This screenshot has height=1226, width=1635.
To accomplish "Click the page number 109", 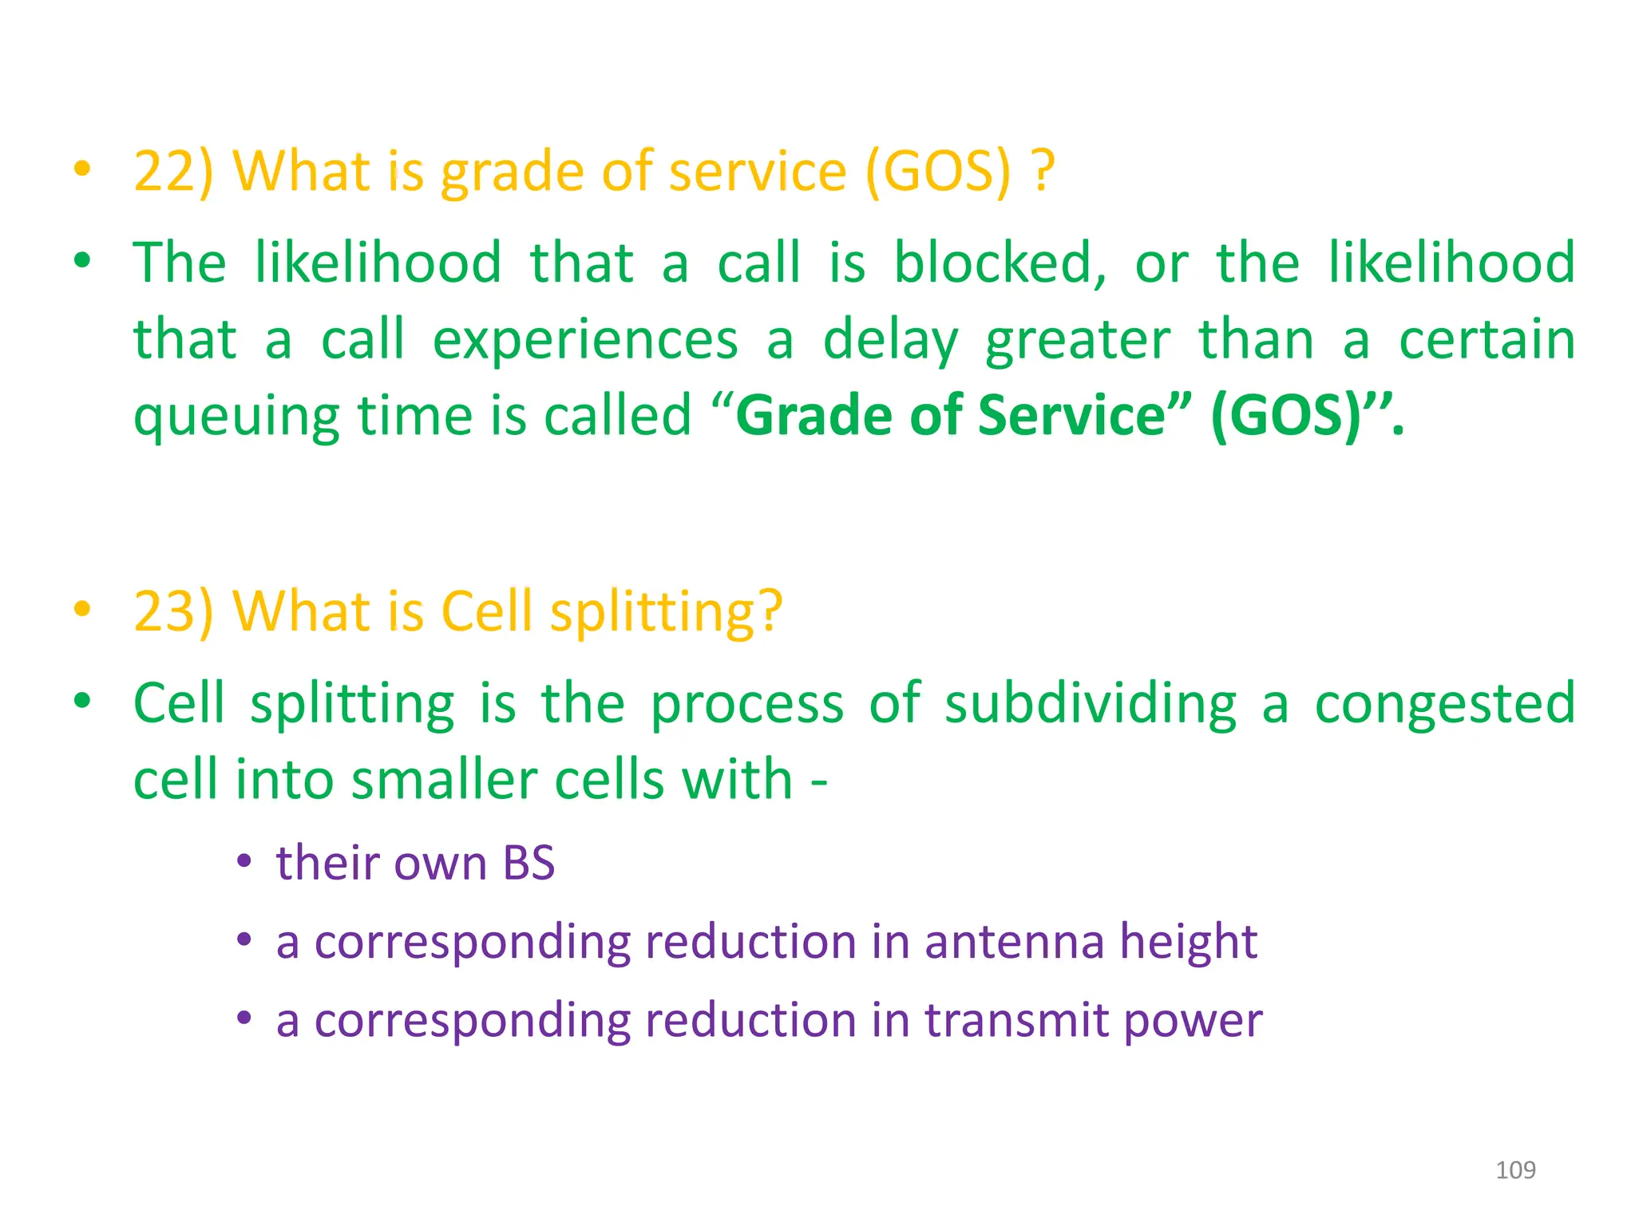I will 1514,1170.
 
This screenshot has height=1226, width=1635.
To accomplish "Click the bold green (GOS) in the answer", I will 1285,416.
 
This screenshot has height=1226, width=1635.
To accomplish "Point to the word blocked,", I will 1000,263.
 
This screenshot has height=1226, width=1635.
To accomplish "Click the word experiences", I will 585,341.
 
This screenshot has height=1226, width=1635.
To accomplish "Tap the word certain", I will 1487,341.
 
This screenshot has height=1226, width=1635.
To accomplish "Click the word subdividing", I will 1091,704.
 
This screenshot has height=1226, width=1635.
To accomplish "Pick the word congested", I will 1444,704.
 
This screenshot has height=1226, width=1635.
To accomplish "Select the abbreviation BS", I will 529,864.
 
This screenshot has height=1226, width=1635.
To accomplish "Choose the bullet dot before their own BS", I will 244,863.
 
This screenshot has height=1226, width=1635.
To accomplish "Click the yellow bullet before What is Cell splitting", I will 81,610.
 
